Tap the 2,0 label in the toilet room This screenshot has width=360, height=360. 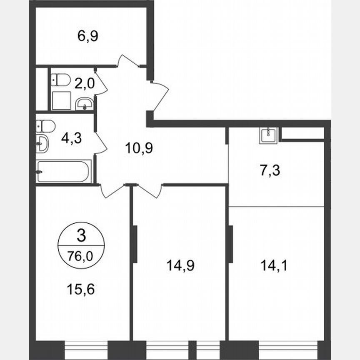coord(85,83)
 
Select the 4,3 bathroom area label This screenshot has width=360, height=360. coord(71,138)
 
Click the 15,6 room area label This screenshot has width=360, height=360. coord(80,288)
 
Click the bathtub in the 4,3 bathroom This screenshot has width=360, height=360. coord(63,172)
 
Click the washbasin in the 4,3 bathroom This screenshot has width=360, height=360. coord(42,144)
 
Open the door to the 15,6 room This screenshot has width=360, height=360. coord(113,190)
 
